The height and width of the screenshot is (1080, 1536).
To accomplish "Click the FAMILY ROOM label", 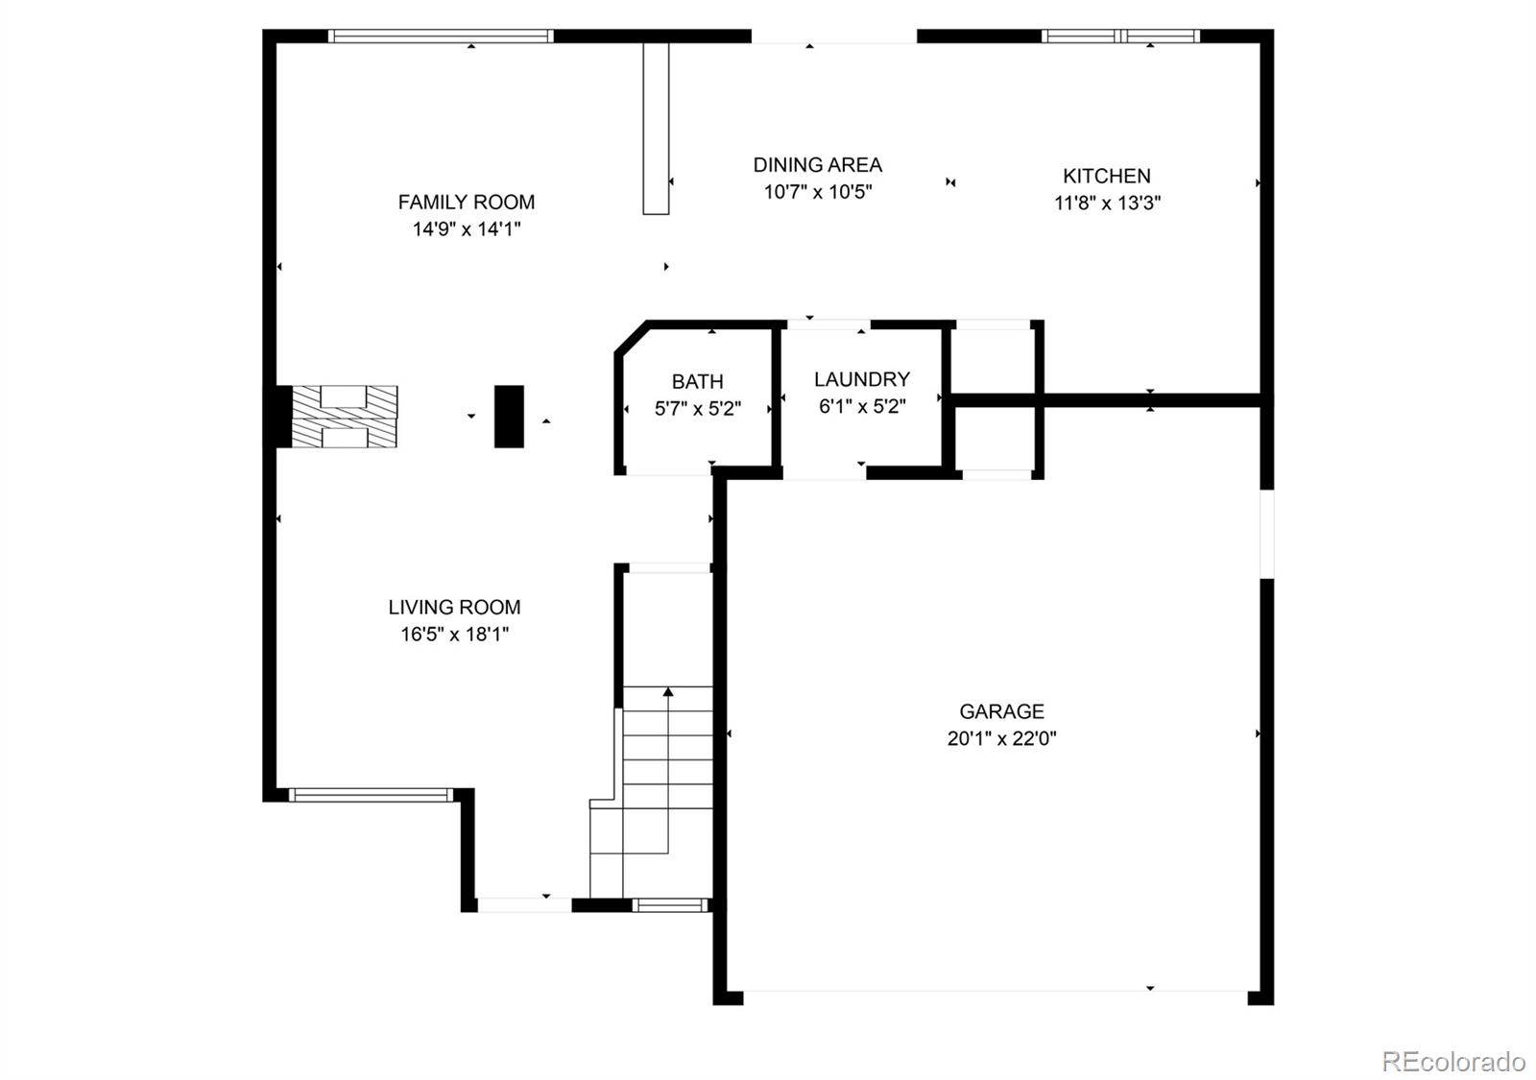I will [x=466, y=202].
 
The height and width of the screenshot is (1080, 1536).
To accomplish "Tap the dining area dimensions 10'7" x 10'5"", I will [x=817, y=192].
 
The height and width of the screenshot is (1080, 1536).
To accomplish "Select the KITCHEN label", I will [x=1106, y=176].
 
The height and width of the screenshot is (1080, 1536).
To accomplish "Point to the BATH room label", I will [x=697, y=381].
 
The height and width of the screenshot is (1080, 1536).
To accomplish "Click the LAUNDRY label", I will [x=861, y=379].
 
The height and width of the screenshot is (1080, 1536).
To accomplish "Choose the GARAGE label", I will [x=1001, y=711].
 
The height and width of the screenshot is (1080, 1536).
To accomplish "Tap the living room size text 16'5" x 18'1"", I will [x=454, y=634].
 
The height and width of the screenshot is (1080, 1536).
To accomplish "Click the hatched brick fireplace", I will [x=344, y=417].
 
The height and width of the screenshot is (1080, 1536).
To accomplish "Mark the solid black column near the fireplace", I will [x=509, y=417].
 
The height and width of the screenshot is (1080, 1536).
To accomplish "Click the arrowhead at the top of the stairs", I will [x=668, y=691].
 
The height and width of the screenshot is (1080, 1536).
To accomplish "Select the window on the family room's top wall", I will [x=441, y=36].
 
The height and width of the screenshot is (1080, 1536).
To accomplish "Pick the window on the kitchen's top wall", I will [x=1120, y=36].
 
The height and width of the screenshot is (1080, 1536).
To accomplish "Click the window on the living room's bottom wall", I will [x=370, y=794].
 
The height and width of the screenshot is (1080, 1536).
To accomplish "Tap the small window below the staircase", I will [x=670, y=904].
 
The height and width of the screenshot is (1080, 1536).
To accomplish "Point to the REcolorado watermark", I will [x=1452, y=1062].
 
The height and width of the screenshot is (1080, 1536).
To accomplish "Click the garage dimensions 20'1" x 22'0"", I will [x=1001, y=738].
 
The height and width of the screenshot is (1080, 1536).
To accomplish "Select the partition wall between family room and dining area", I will [x=656, y=128].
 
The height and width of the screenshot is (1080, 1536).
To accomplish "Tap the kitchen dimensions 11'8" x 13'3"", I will [x=1107, y=203].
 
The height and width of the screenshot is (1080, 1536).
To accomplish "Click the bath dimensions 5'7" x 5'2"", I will [x=697, y=409].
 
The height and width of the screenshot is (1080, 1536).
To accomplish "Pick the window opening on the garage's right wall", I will [x=1266, y=534].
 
